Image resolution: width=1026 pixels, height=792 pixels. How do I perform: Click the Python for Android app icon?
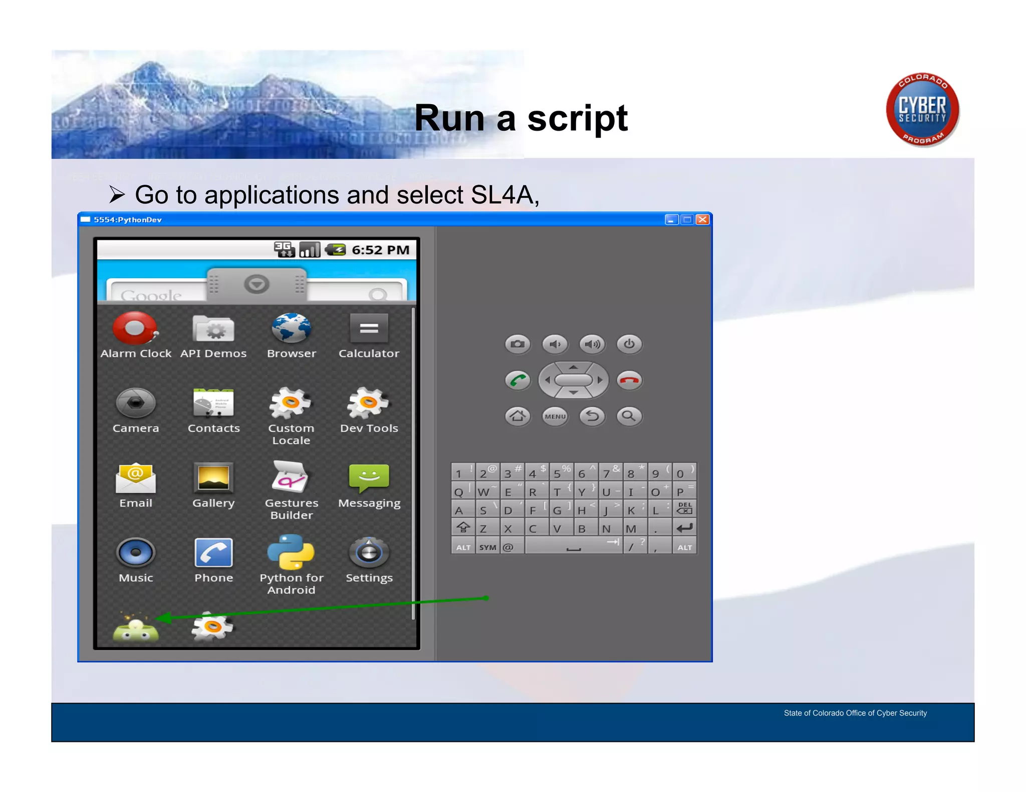click(x=291, y=552)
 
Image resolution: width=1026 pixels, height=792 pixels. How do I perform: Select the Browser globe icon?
click(x=291, y=328)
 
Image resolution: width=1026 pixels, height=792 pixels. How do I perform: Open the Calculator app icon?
click(x=369, y=328)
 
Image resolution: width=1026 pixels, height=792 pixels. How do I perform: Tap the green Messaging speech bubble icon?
click(x=369, y=477)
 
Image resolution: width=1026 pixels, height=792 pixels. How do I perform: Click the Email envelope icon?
click(x=135, y=477)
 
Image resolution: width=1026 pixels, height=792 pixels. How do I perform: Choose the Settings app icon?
click(x=369, y=553)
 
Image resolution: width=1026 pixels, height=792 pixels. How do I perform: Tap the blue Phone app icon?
click(x=213, y=553)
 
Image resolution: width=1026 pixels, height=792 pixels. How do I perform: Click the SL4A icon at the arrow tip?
click(x=135, y=629)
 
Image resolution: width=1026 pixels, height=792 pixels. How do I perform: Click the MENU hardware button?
click(x=555, y=416)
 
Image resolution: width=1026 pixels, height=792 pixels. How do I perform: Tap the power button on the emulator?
click(x=629, y=344)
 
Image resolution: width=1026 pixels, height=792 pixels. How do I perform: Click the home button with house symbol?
click(x=518, y=416)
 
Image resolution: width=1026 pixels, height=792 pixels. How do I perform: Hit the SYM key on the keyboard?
click(x=487, y=547)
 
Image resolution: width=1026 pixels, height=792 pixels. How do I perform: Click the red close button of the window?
click(x=703, y=219)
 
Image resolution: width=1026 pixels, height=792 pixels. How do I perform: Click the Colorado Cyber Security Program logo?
click(x=922, y=110)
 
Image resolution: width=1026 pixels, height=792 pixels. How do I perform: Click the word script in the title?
click(x=577, y=119)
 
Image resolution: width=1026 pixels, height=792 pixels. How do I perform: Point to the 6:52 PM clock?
click(x=380, y=250)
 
